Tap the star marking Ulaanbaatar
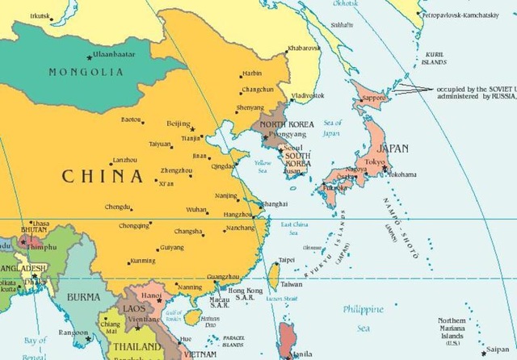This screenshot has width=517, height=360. [89, 57]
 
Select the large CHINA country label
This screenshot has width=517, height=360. [103, 176]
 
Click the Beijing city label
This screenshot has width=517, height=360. [178, 123]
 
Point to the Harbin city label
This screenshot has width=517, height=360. [253, 73]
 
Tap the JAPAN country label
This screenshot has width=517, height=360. [388, 149]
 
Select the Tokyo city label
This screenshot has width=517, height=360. [375, 162]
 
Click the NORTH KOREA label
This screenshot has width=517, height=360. [284, 124]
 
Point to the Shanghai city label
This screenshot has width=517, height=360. [275, 204]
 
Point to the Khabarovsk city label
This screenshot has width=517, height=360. [305, 48]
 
